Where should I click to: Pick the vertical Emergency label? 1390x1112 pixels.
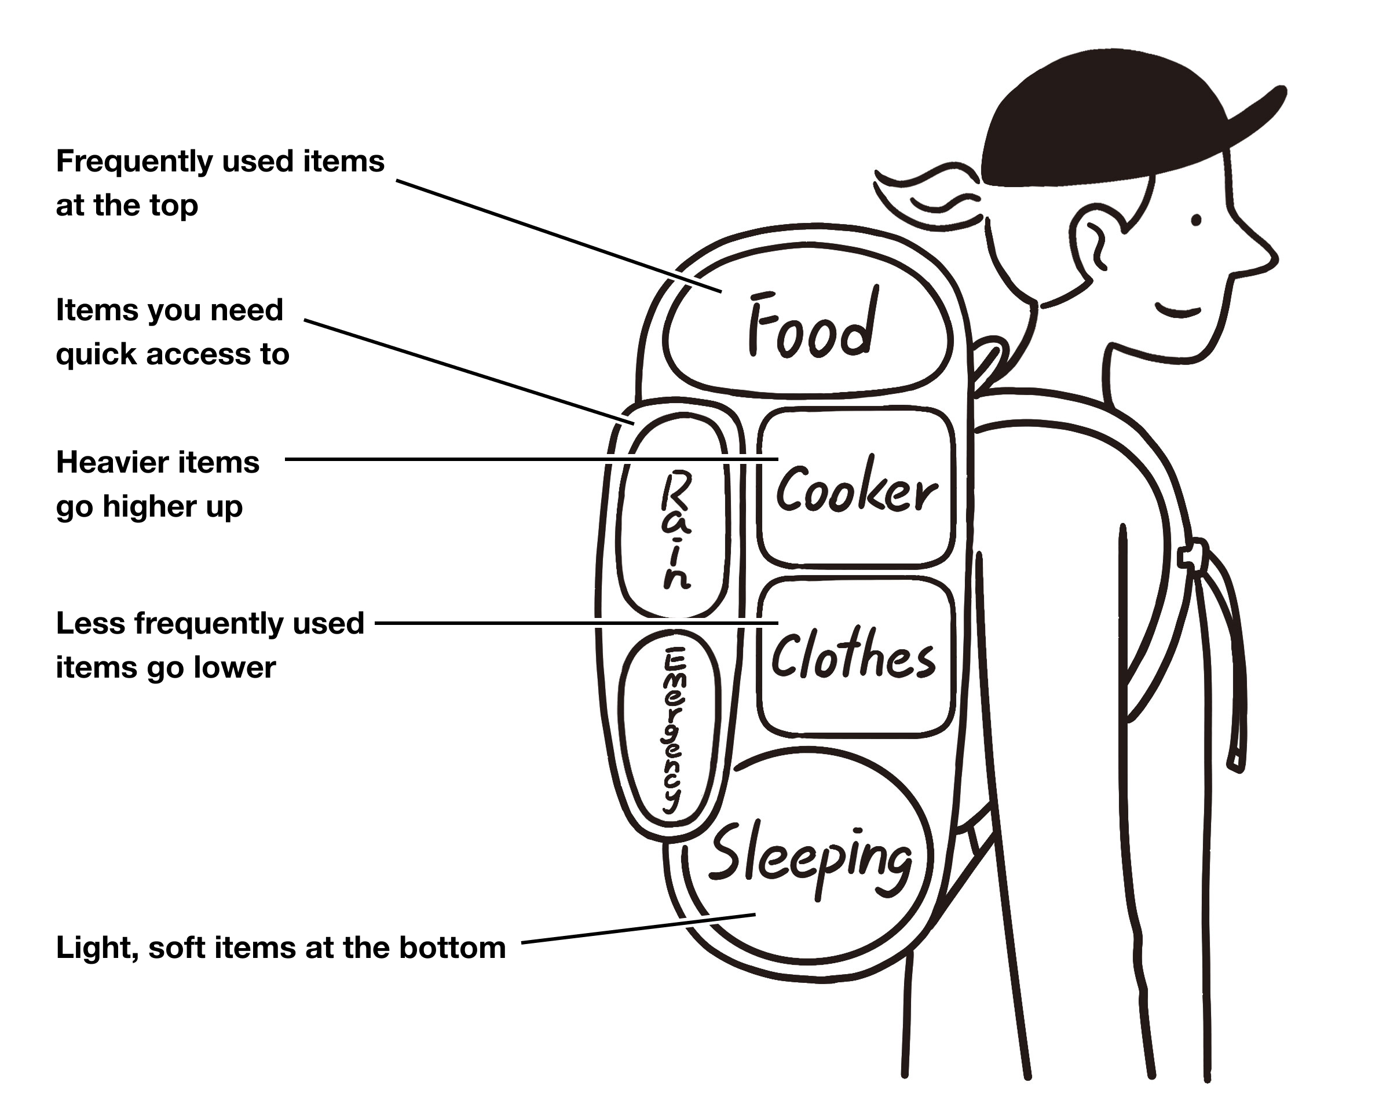[x=673, y=729]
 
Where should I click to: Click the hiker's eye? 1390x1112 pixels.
[x=1196, y=221]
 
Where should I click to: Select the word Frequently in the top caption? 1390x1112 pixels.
[x=132, y=162]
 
